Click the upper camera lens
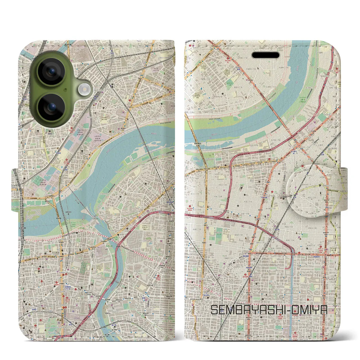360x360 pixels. pyautogui.click(x=51, y=71)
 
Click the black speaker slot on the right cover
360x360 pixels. pyautogui.click(x=265, y=55)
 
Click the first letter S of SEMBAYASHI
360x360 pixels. pyautogui.click(x=214, y=310)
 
